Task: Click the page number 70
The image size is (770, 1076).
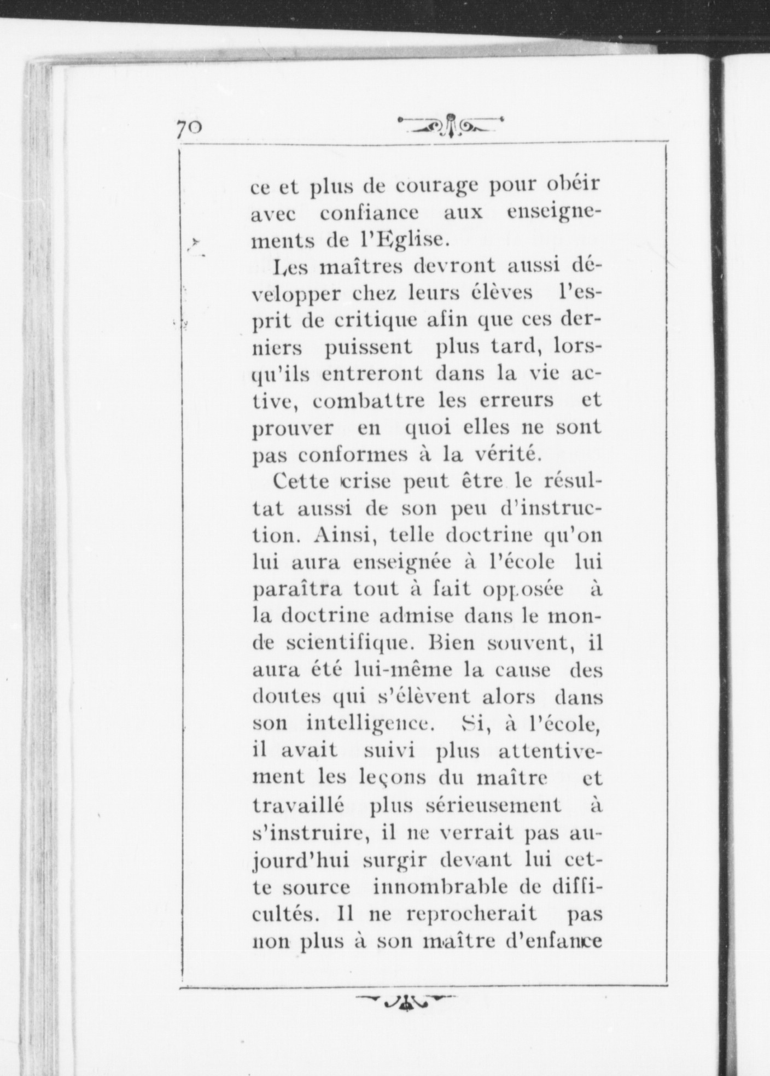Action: pos(189,130)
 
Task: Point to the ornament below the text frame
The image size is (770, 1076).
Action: pos(405,1000)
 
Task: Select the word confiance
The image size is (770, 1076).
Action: pos(369,213)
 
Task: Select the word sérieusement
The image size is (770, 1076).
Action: pos(465,805)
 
